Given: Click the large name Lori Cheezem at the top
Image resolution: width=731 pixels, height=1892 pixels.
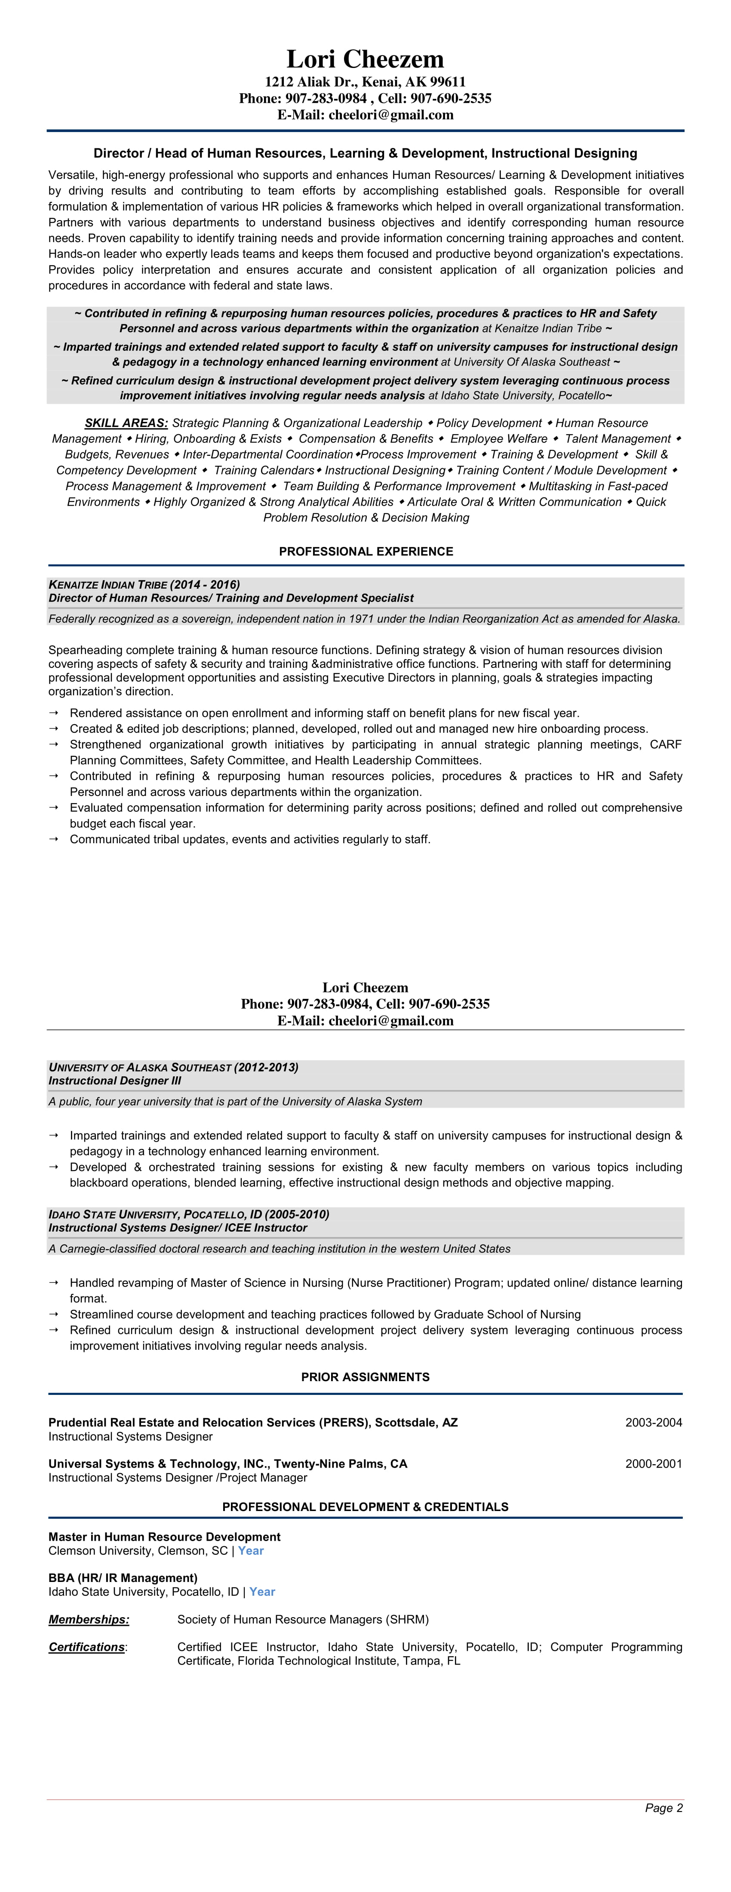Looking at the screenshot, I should click(365, 59).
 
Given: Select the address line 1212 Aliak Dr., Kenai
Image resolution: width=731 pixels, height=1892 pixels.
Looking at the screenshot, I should click(365, 82).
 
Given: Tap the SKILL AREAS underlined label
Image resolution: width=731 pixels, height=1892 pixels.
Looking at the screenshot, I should click(126, 423).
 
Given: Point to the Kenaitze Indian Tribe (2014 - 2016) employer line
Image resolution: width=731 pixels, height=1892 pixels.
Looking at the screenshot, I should click(144, 585).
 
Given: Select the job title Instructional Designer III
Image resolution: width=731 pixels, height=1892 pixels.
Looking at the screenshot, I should click(115, 1081).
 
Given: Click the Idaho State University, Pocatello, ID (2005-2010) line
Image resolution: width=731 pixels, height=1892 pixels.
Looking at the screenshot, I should click(189, 1214).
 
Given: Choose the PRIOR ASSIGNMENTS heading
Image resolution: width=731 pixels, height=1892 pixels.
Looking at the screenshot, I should click(365, 1377).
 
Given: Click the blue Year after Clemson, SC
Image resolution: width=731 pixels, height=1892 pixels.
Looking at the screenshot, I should click(251, 1551).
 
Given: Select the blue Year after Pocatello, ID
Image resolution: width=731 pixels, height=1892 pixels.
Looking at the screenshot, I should click(262, 1591).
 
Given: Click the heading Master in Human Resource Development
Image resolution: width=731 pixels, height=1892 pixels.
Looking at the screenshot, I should click(165, 1536).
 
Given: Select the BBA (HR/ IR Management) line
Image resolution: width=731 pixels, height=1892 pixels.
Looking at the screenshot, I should click(123, 1578).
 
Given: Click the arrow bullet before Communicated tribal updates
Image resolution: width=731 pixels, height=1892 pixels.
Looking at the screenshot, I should click(54, 839).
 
